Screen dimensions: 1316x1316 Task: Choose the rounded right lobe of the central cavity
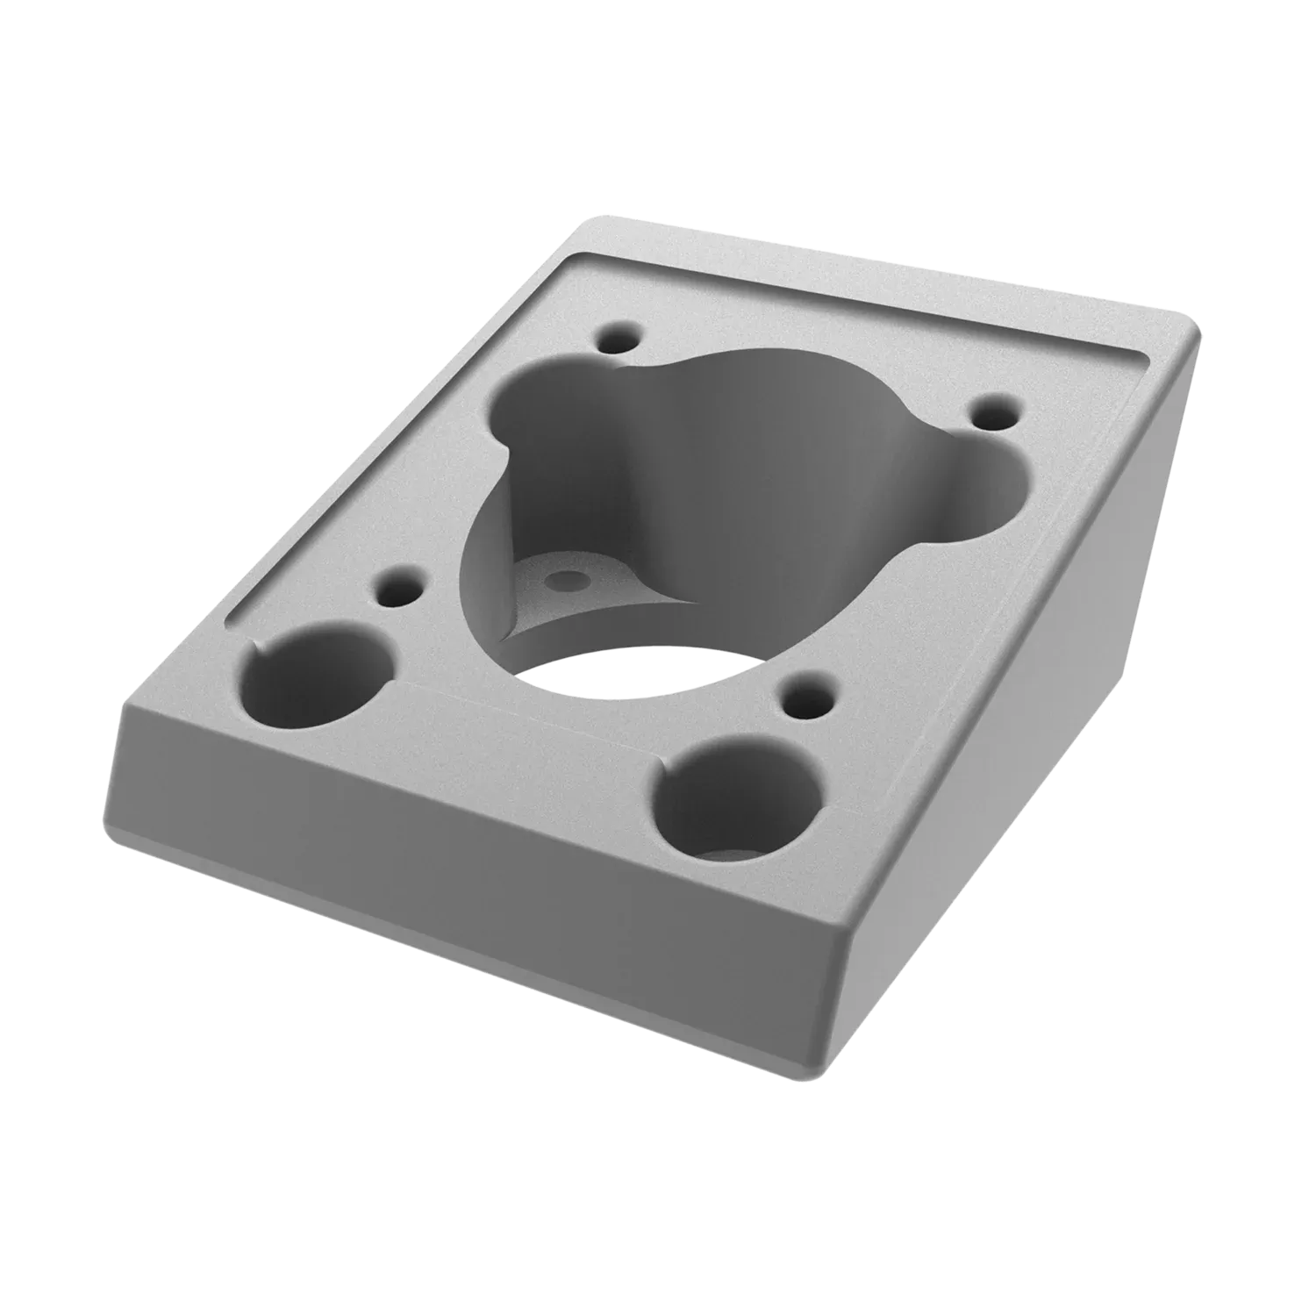(x=983, y=491)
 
